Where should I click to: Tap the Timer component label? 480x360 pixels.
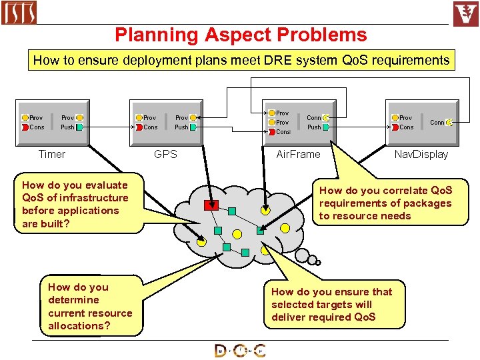click(x=52, y=154)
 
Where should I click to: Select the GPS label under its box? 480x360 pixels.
click(x=165, y=154)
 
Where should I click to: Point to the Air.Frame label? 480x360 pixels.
click(x=298, y=154)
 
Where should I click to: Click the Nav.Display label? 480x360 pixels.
click(x=421, y=154)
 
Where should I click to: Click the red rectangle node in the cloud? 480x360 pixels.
click(x=211, y=204)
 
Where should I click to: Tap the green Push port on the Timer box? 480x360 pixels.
click(x=80, y=127)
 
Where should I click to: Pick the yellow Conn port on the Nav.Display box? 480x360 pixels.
click(x=450, y=122)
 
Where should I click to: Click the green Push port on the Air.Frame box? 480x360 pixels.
click(x=326, y=127)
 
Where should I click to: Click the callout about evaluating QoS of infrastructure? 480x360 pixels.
click(x=75, y=204)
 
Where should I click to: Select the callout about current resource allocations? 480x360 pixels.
click(x=91, y=306)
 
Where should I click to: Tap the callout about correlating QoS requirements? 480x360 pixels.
click(x=385, y=203)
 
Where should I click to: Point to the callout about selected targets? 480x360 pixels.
click(x=331, y=304)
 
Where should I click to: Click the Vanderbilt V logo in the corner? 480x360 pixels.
click(x=465, y=14)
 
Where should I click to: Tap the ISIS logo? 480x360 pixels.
click(x=19, y=13)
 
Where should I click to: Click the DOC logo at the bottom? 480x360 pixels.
click(x=240, y=351)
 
